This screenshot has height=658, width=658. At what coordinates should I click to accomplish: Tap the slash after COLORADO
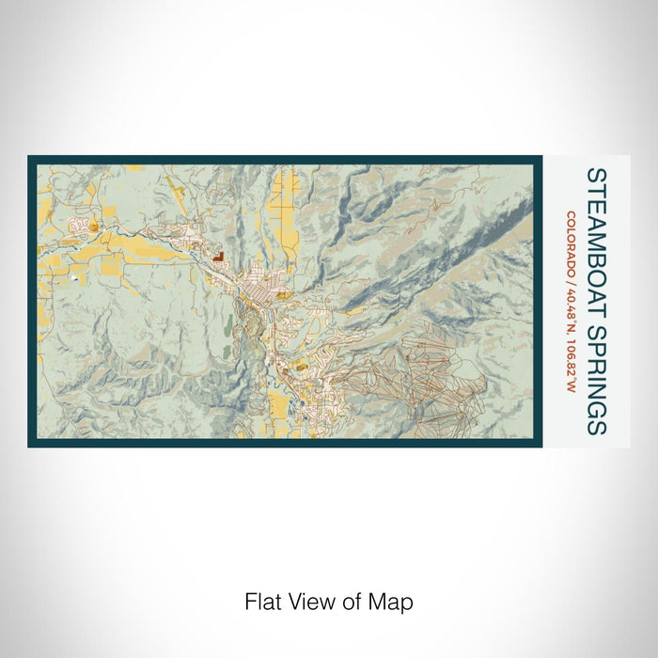pyautogui.click(x=572, y=276)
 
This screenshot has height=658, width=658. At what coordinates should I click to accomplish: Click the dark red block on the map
pyautogui.click(x=217, y=255)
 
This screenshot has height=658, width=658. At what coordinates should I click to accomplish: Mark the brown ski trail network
pyautogui.click(x=414, y=376)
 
